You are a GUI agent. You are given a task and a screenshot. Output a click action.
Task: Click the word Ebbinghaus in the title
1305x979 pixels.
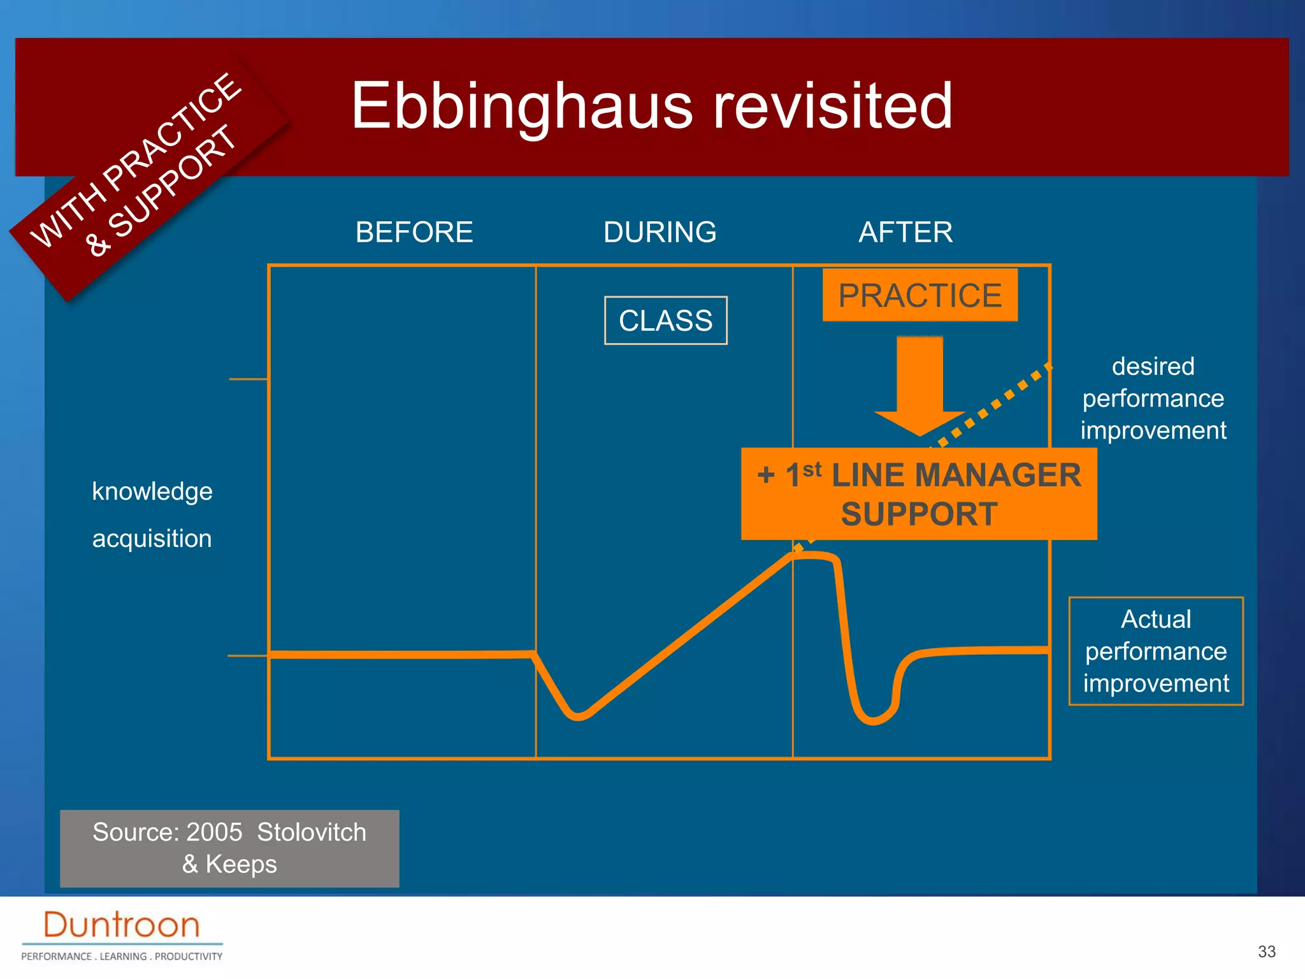pyautogui.click(x=521, y=106)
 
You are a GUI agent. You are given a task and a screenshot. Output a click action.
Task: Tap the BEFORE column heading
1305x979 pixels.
pyautogui.click(x=414, y=232)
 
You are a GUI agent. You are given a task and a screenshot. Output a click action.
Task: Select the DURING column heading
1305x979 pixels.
pyautogui.click(x=660, y=232)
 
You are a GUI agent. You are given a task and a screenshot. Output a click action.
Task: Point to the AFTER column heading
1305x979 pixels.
pyautogui.click(x=905, y=232)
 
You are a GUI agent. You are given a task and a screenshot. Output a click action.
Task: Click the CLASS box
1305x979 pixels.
pyautogui.click(x=665, y=321)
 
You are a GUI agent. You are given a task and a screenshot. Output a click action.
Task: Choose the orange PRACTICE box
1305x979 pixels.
pyautogui.click(x=919, y=296)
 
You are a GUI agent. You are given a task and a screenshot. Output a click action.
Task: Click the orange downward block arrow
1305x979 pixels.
pyautogui.click(x=919, y=382)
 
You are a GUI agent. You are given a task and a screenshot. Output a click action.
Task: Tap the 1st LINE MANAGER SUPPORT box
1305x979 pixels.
pyautogui.click(x=918, y=494)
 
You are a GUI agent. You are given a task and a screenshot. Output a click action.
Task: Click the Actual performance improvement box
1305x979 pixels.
pyautogui.click(x=1155, y=651)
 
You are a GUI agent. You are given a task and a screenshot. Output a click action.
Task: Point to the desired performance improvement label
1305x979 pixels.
pyautogui.click(x=1153, y=398)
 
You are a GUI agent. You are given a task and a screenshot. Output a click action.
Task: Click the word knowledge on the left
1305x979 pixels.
pyautogui.click(x=152, y=491)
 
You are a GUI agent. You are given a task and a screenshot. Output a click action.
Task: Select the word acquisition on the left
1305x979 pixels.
pyautogui.click(x=152, y=539)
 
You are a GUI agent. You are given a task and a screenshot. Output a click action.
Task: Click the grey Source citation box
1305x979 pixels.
pyautogui.click(x=229, y=848)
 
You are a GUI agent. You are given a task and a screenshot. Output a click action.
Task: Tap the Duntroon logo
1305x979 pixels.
pyautogui.click(x=122, y=925)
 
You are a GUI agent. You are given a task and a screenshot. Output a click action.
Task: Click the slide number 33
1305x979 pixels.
pyautogui.click(x=1266, y=952)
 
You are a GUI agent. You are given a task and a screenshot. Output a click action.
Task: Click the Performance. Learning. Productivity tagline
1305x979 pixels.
pyautogui.click(x=122, y=956)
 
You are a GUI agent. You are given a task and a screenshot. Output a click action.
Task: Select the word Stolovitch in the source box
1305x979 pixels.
pyautogui.click(x=312, y=832)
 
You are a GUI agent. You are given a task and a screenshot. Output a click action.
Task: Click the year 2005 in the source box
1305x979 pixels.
pyautogui.click(x=214, y=832)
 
